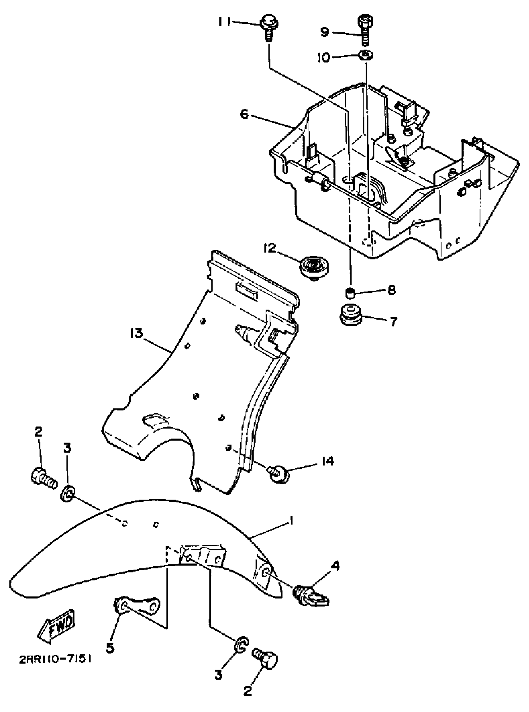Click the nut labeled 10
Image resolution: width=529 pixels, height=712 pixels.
(x=366, y=55)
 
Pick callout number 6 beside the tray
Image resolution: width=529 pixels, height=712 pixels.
(x=245, y=114)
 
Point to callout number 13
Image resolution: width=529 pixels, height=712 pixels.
(x=136, y=333)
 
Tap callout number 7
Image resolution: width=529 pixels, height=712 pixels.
(x=393, y=321)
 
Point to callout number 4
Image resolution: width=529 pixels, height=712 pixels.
(x=335, y=567)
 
